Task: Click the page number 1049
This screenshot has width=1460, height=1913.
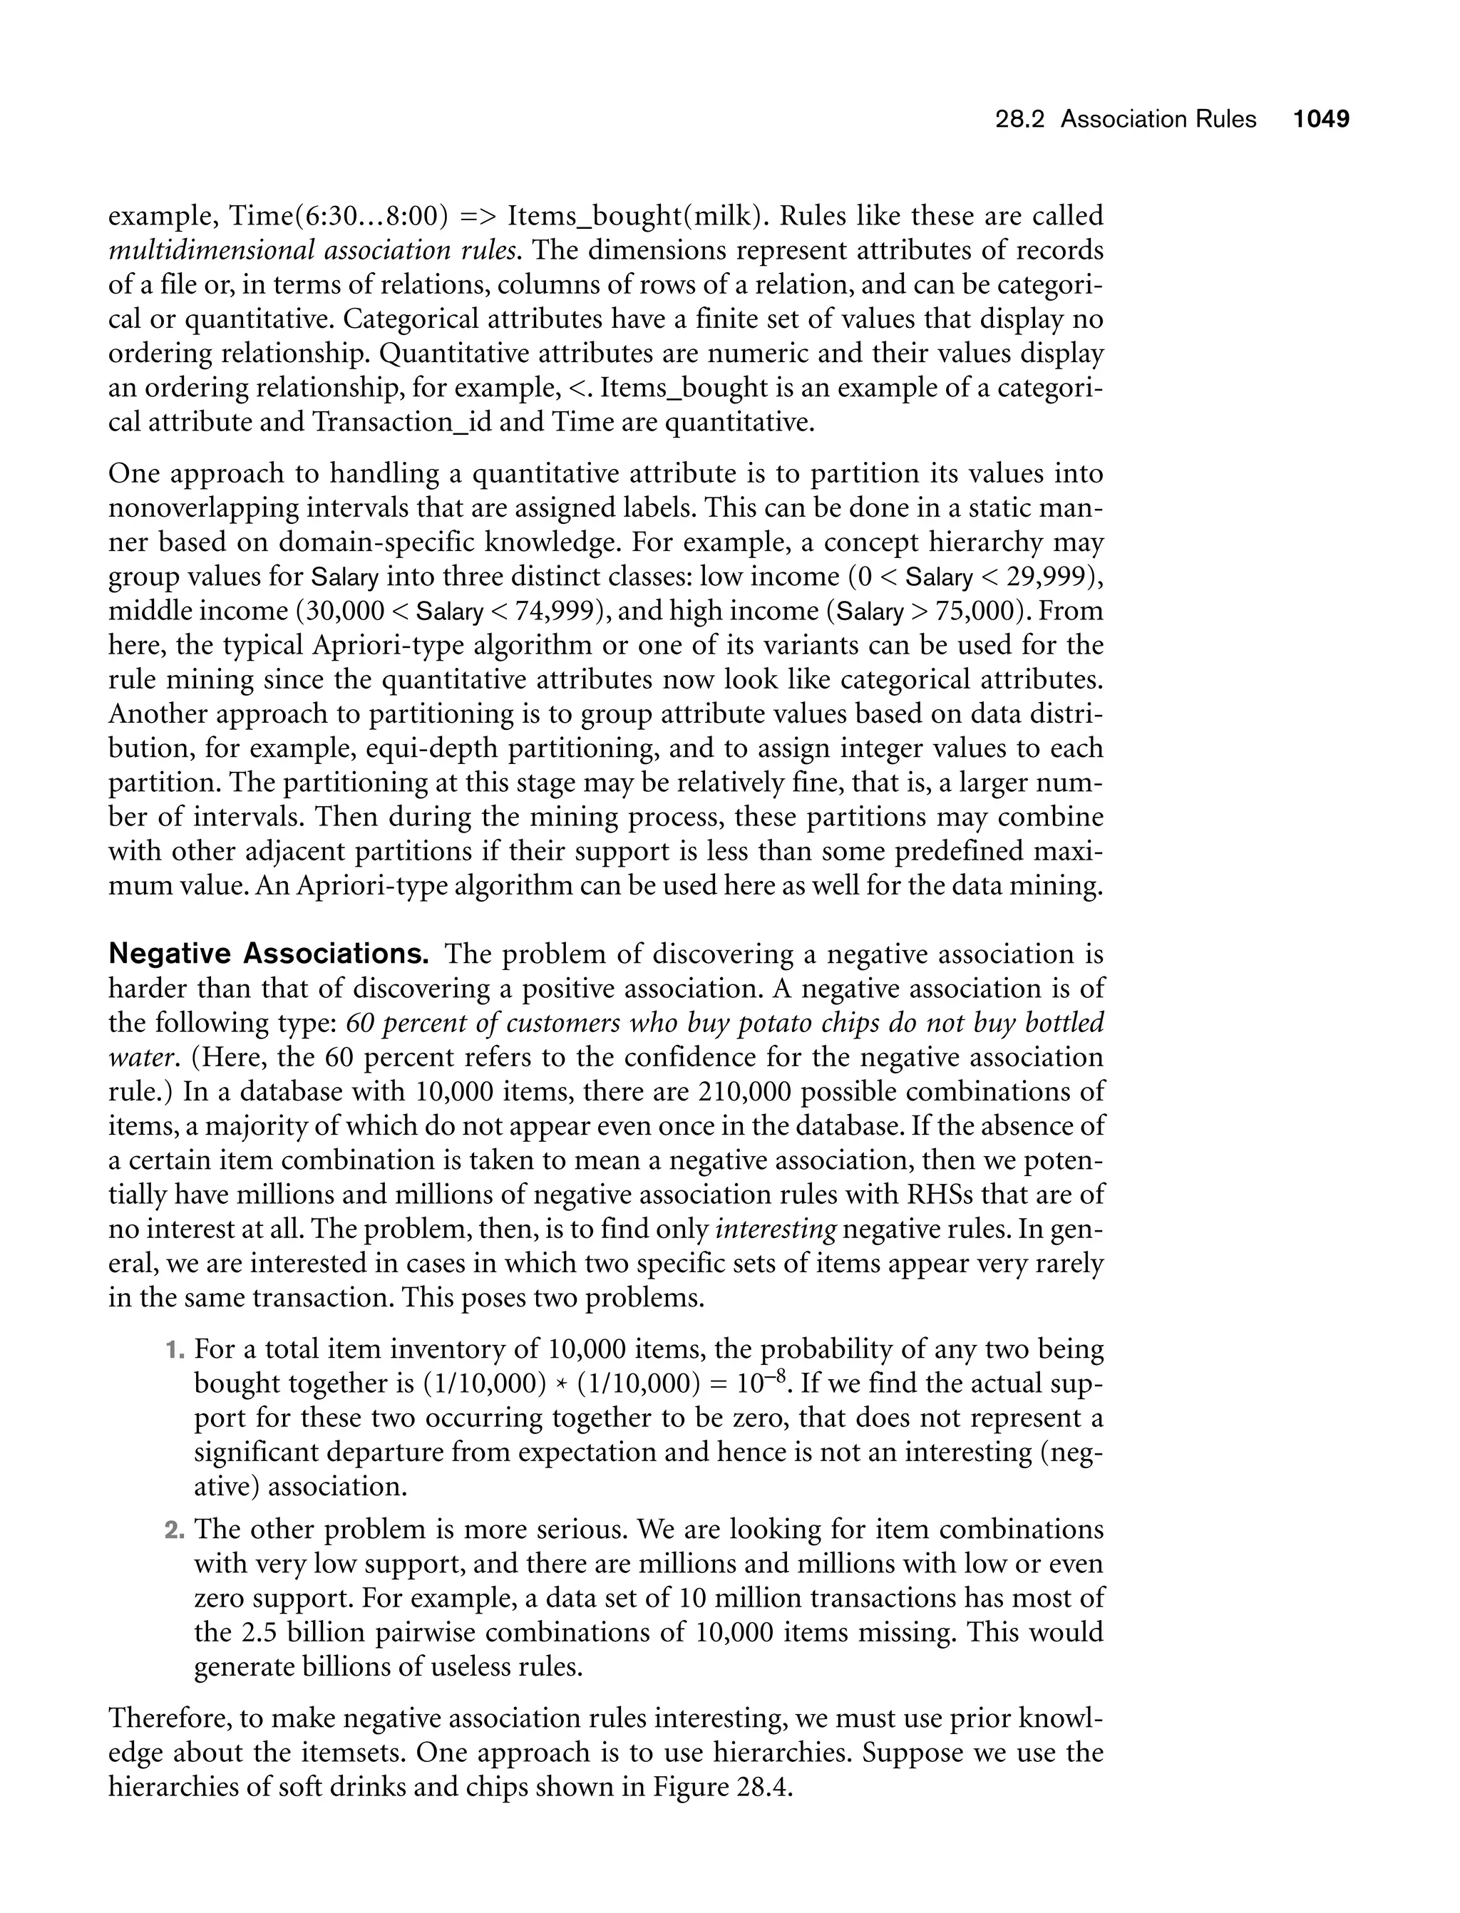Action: pos(1321,119)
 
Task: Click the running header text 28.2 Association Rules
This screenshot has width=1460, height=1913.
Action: pos(1126,119)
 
